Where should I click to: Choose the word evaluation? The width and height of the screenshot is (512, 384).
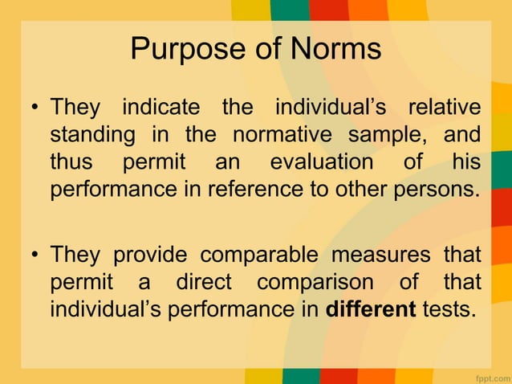[x=322, y=162]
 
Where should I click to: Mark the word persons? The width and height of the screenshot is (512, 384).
[x=440, y=190]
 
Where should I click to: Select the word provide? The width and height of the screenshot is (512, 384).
[x=151, y=255]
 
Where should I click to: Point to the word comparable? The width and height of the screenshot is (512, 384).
[x=253, y=255]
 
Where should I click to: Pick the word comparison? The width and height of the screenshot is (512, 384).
[x=315, y=284]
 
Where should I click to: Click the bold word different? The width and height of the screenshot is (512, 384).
[x=369, y=311]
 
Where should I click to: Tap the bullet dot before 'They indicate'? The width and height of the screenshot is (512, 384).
[x=36, y=108]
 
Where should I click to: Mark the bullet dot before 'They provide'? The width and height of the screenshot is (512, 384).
[x=36, y=256]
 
